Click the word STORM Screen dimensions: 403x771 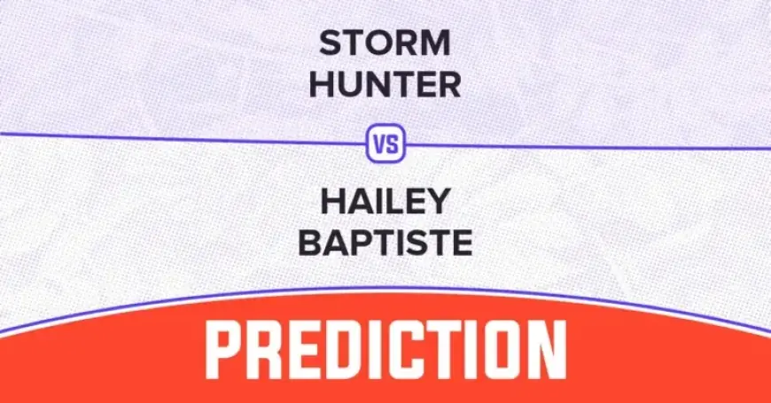385,43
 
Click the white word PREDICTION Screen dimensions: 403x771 385,350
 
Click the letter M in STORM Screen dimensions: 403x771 434,43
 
